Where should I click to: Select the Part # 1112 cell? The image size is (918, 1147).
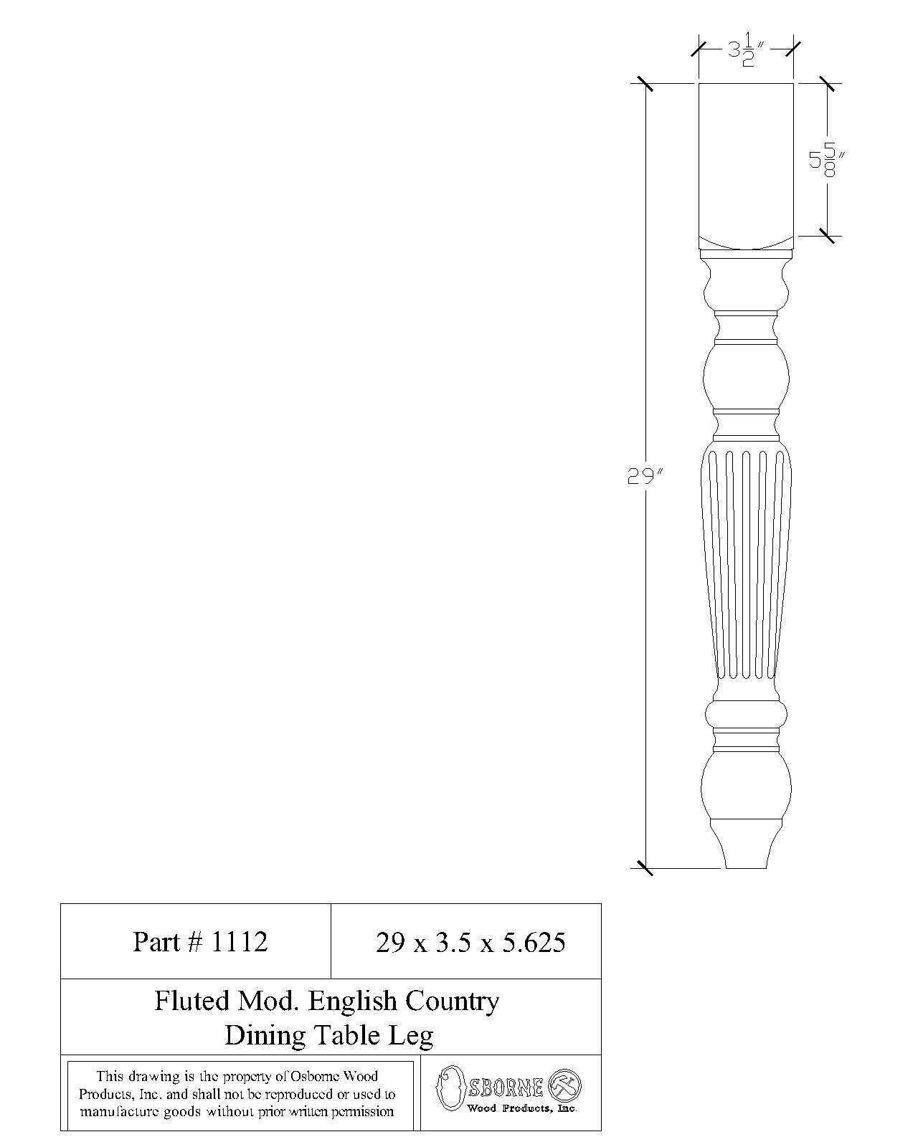point(200,941)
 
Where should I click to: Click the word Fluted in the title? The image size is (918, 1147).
point(190,1001)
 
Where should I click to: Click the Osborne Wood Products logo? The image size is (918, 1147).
point(509,1092)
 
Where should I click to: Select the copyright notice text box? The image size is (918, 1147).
point(240,1095)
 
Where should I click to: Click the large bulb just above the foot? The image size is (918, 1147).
point(746,785)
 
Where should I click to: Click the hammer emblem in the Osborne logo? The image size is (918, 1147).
point(564,1086)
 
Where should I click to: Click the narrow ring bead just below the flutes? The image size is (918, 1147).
point(746,713)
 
